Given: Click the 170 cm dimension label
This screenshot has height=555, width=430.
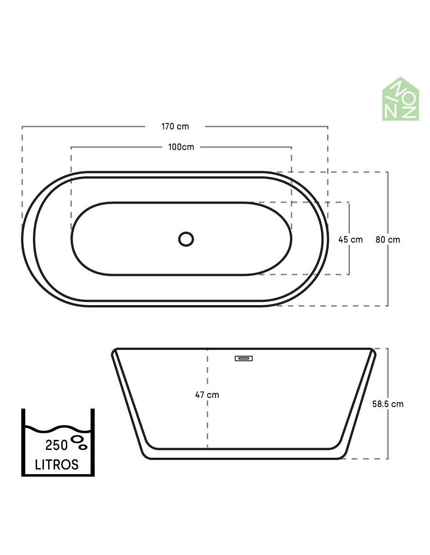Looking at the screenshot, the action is [x=175, y=127].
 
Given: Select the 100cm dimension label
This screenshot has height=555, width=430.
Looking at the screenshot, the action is [x=181, y=147].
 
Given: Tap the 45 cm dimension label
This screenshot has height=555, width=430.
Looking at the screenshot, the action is [x=350, y=239].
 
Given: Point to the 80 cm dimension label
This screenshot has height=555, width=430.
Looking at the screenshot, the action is [x=388, y=239].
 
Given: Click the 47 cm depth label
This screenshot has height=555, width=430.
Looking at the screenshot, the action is [x=207, y=395].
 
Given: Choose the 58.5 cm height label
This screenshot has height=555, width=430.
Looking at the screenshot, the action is [x=388, y=404].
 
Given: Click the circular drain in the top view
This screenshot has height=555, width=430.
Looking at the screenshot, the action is [x=186, y=239].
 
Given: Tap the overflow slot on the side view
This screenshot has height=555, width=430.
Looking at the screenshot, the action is [x=244, y=359].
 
